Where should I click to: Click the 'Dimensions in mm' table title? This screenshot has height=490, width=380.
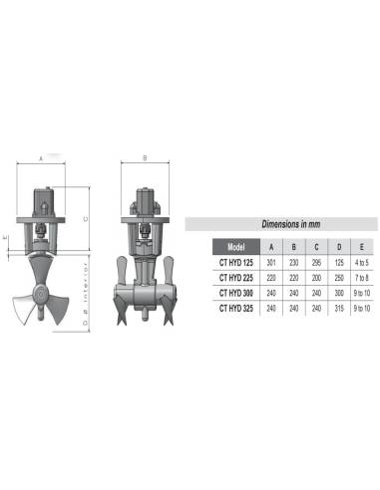point(290,224)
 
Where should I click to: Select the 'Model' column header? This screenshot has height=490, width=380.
point(236,246)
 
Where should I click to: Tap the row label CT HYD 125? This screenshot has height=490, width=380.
point(236,262)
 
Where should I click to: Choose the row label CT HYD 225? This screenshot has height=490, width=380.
point(236,278)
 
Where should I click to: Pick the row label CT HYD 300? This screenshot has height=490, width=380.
point(236,293)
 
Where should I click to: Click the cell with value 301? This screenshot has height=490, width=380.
point(272,262)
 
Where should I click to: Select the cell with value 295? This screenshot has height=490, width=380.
point(317,262)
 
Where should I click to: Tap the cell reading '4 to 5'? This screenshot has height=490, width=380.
point(362,262)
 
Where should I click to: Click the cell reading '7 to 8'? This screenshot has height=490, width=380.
point(362,278)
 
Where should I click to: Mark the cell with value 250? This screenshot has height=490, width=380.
point(339,278)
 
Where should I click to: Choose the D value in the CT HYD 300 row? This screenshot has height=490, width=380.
point(339,293)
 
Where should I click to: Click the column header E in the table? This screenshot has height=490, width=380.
point(362,246)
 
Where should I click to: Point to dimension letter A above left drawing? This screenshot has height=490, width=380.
point(40,158)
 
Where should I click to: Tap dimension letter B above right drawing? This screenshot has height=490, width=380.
point(146,158)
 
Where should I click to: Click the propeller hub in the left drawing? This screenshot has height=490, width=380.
point(41,295)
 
